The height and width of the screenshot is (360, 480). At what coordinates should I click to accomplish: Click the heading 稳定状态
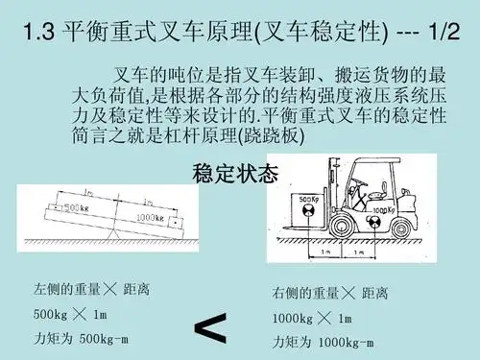[x=235, y=174]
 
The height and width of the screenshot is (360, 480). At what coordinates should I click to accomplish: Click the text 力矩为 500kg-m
[x=81, y=339]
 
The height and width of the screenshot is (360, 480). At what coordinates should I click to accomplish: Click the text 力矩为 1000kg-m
[x=323, y=341]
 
